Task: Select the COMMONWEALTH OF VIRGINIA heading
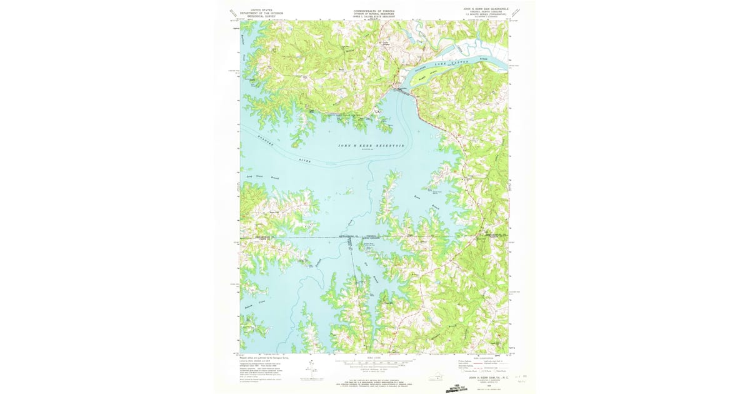(374, 10)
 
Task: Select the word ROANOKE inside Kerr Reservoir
(261, 141)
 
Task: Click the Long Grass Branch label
(262, 178)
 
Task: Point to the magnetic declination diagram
(308, 368)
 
